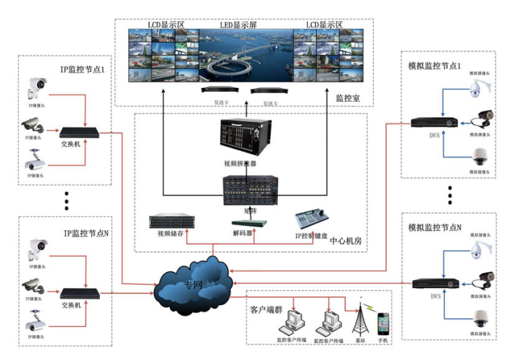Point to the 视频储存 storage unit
pyautogui.click(x=169, y=221)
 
